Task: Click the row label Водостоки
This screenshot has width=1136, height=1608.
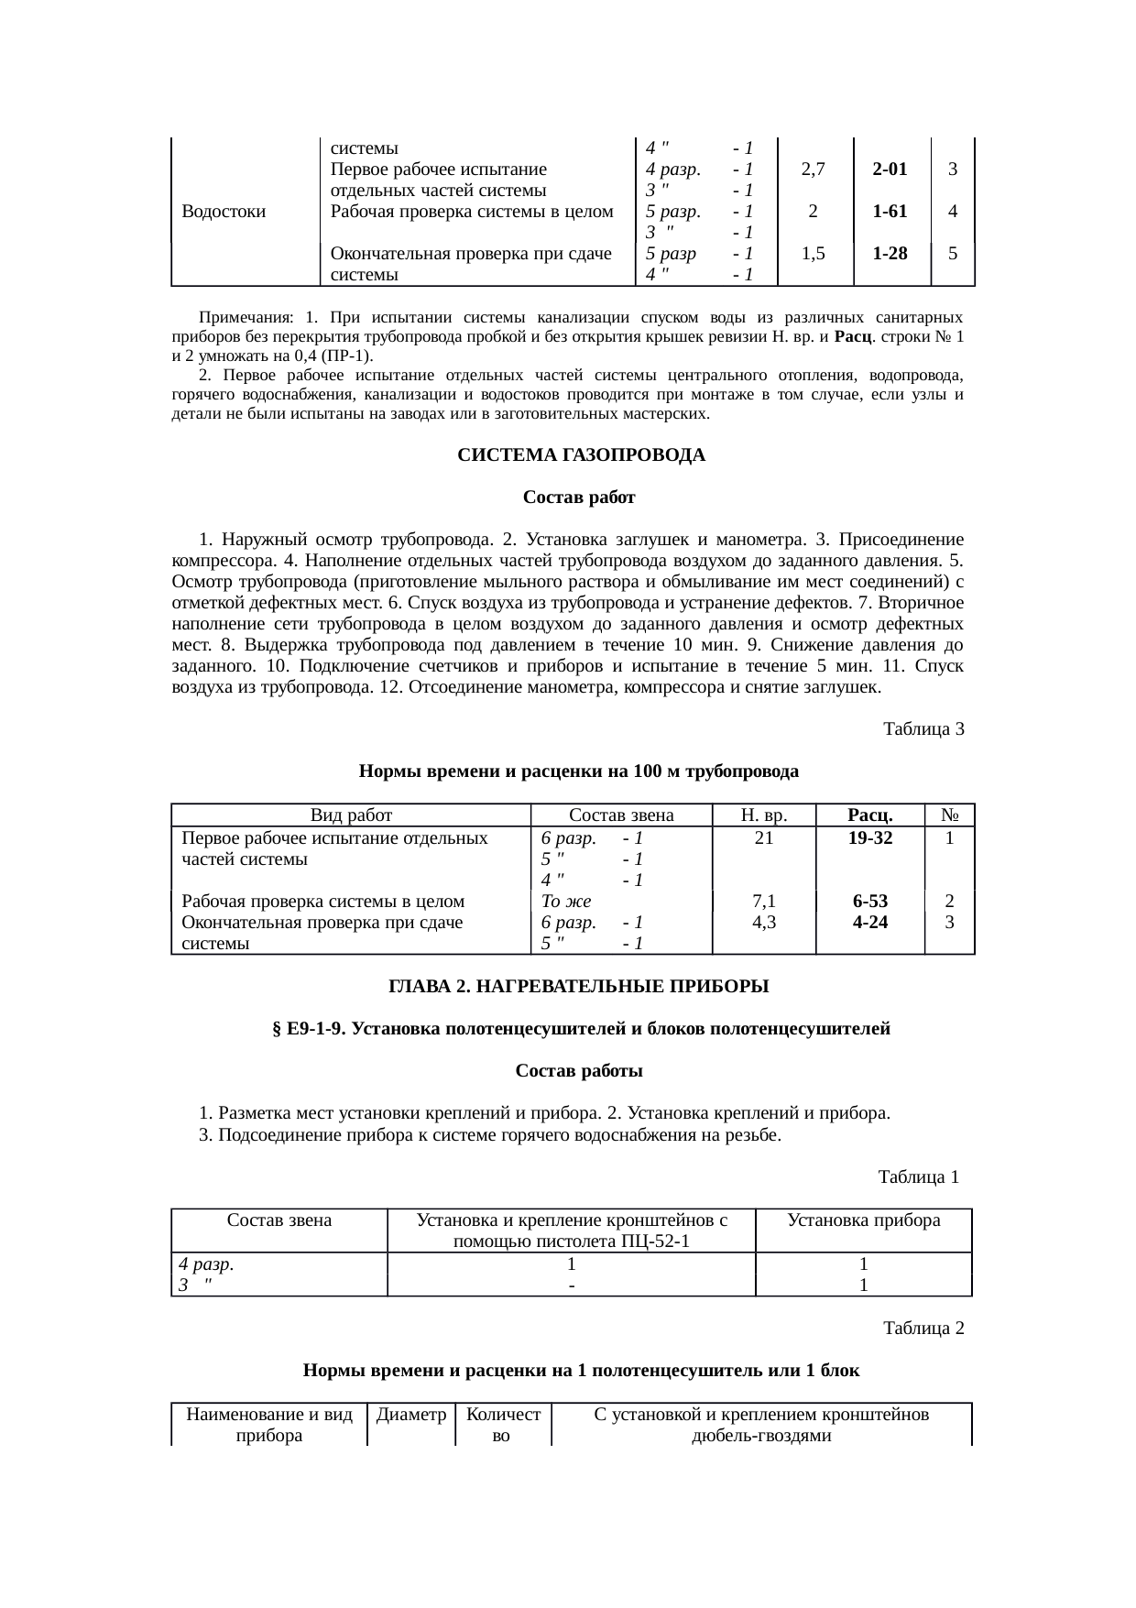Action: pos(224,212)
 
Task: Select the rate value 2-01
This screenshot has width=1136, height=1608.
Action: pos(890,169)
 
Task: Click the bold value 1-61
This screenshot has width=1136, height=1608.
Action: pos(890,212)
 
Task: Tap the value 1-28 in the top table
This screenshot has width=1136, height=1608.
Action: pos(890,254)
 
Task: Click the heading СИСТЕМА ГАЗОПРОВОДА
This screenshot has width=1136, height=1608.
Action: pos(581,455)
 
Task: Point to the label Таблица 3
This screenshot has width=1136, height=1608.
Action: pos(923,729)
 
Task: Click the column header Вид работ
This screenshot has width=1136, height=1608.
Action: pos(351,815)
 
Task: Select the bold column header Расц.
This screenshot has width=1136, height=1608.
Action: pos(869,815)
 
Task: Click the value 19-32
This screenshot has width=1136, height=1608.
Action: pos(869,837)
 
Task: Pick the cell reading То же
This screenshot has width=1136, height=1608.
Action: pos(566,902)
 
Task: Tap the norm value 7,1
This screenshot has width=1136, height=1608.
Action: pos(763,902)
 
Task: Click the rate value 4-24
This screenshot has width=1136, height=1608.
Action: pos(869,923)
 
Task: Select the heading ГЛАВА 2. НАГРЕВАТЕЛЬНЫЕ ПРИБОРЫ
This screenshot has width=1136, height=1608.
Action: pos(579,987)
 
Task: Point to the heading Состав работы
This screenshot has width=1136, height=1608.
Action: pos(579,1071)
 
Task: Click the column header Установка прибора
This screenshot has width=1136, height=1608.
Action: pos(864,1220)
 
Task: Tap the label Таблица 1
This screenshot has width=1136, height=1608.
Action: pos(918,1176)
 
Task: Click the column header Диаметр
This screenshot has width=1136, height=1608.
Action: pos(411,1415)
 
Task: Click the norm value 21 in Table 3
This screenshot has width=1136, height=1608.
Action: pos(763,837)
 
